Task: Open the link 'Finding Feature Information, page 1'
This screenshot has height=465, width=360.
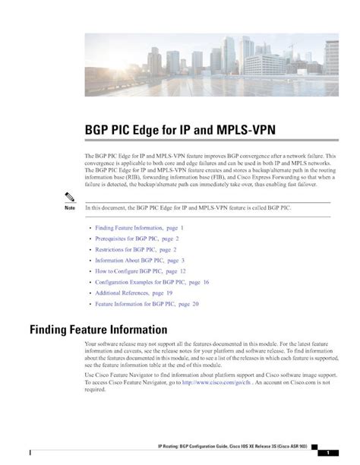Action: (139, 228)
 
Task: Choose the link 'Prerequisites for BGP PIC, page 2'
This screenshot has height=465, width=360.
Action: (137, 239)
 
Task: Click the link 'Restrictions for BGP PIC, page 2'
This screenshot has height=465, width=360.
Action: (135, 249)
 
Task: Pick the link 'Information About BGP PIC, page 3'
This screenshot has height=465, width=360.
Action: (140, 260)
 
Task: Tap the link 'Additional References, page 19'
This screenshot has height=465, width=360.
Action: (133, 293)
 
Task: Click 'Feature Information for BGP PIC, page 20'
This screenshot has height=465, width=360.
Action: (147, 303)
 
